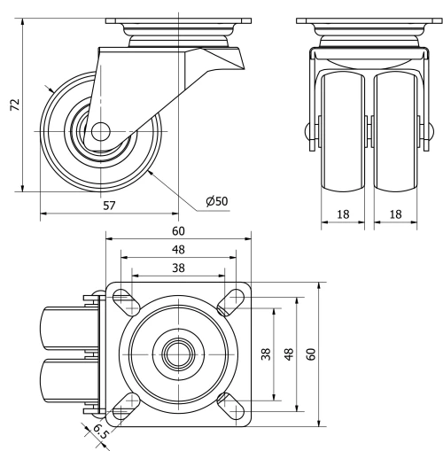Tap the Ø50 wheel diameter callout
click(216, 201)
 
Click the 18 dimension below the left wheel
click(341, 214)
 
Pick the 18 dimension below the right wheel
click(395, 214)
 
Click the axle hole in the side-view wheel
click(98, 131)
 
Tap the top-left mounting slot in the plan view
click(124, 299)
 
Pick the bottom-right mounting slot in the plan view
click(234, 405)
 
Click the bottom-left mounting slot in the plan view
click(124, 405)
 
